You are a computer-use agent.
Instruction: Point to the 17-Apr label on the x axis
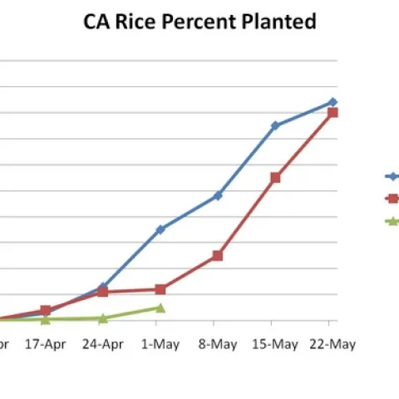pyautogui.click(x=45, y=343)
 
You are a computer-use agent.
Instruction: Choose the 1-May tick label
pyautogui.click(x=160, y=343)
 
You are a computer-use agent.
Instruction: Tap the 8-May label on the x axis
pyautogui.click(x=218, y=343)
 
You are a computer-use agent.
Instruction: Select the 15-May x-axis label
pyautogui.click(x=274, y=343)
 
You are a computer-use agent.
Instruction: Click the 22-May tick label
pyautogui.click(x=332, y=343)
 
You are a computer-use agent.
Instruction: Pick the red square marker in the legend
pyautogui.click(x=392, y=199)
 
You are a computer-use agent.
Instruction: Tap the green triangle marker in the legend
pyautogui.click(x=392, y=221)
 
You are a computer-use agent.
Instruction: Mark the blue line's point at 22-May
pyautogui.click(x=332, y=101)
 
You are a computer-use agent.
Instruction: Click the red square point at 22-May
pyautogui.click(x=332, y=112)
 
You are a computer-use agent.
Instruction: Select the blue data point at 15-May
pyautogui.click(x=275, y=126)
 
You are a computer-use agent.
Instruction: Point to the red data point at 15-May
pyautogui.click(x=275, y=177)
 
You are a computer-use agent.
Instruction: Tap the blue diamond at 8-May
pyautogui.click(x=218, y=195)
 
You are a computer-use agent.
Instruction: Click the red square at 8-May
pyautogui.click(x=218, y=255)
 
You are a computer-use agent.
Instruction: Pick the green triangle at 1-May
pyautogui.click(x=160, y=308)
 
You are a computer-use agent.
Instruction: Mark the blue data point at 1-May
pyautogui.click(x=160, y=229)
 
